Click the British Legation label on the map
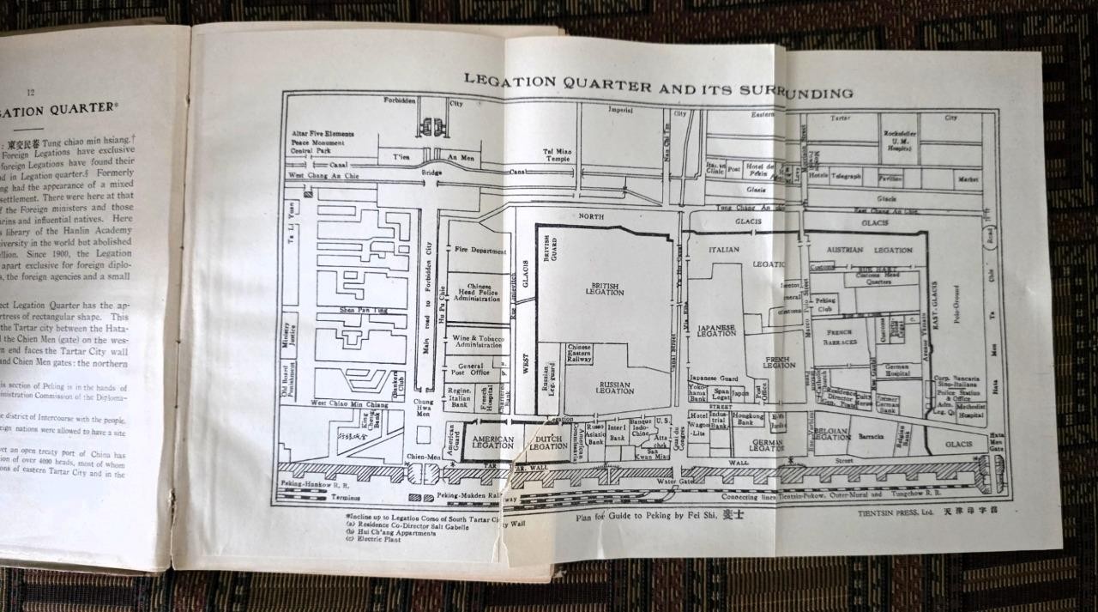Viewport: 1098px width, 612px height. pos(606,288)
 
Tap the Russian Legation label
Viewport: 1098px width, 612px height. pos(615,387)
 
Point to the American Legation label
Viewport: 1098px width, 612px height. pos(493,441)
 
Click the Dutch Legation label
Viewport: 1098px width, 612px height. pos(548,443)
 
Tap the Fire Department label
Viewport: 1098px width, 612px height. pos(478,251)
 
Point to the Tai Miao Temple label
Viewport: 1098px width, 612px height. pos(558,155)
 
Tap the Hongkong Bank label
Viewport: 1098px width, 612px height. pos(749,419)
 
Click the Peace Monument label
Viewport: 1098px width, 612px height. pos(316,142)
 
